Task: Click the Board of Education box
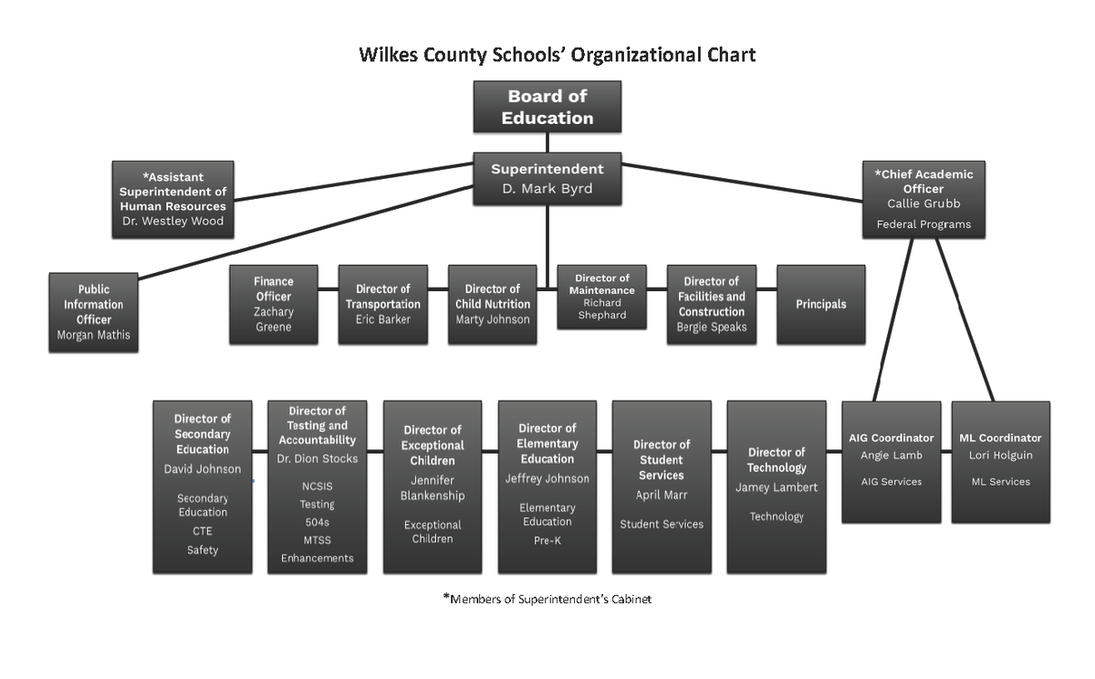547,107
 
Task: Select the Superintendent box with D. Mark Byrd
547,179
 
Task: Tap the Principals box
820,304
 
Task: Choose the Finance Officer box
273,304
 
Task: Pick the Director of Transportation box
382,304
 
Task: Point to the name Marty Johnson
493,319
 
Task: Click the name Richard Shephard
602,308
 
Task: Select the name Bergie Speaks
711,327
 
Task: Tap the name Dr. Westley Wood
172,221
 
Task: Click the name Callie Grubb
923,204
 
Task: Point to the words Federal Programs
923,225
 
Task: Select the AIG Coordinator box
891,461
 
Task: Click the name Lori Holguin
1000,455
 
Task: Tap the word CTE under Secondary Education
203,531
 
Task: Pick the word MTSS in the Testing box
317,540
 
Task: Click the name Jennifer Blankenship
432,488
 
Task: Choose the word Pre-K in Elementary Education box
547,540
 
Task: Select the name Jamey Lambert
777,487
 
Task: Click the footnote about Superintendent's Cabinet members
547,600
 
